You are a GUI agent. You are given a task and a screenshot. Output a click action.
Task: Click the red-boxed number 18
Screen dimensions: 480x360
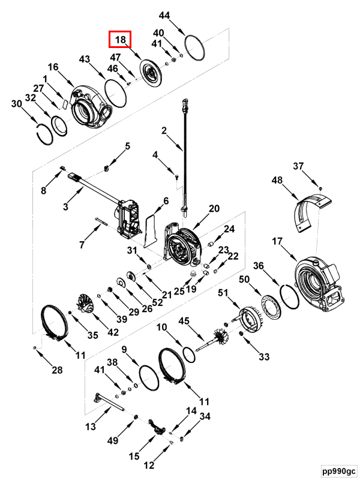pos(120,40)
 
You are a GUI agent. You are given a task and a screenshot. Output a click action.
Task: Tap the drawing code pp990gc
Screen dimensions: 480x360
pos(338,470)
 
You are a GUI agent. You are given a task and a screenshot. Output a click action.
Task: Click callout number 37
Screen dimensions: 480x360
pos(299,166)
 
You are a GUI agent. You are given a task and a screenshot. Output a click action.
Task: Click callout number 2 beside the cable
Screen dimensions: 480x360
pos(163,131)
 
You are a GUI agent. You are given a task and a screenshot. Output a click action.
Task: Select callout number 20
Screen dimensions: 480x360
pos(214,209)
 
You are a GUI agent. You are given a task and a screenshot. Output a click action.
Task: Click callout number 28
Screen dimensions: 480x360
pos(56,370)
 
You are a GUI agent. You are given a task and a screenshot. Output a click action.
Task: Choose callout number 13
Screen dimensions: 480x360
pos(91,427)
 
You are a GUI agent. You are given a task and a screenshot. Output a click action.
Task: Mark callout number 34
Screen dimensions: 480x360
pos(205,416)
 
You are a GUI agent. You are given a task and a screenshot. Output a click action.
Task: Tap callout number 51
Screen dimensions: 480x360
pos(223,293)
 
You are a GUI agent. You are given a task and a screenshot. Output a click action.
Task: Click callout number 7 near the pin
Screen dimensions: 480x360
pos(82,244)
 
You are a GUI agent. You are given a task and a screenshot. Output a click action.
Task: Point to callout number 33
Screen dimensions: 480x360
pos(265,357)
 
